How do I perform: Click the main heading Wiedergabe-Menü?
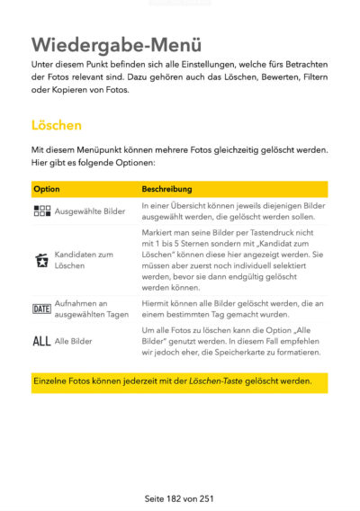[116, 44]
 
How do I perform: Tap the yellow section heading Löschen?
[57, 125]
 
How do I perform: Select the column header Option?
[47, 189]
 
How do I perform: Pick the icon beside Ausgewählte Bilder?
[41, 211]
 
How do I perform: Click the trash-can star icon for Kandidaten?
[41, 261]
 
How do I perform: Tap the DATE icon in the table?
[41, 309]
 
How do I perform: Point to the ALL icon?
[41, 342]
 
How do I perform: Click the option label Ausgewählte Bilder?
[90, 211]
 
